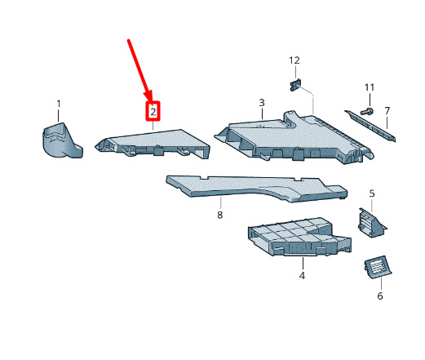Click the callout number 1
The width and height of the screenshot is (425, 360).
pyautogui.click(x=59, y=104)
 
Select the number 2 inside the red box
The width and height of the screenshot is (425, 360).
pyautogui.click(x=153, y=112)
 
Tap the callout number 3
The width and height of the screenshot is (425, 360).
pyautogui.click(x=262, y=103)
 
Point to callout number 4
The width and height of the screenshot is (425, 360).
pyautogui.click(x=302, y=276)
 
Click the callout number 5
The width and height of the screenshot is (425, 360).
pyautogui.click(x=372, y=193)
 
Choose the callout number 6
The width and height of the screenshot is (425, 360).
pyautogui.click(x=380, y=296)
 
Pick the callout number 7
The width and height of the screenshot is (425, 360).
pyautogui.click(x=387, y=111)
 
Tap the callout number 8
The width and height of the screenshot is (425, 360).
pyautogui.click(x=220, y=215)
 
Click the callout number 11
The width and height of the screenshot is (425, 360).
pyautogui.click(x=370, y=87)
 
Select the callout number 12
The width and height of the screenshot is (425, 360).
pyautogui.click(x=294, y=60)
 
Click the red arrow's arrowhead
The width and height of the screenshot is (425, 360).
pyautogui.click(x=149, y=96)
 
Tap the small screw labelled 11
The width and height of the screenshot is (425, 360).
pyautogui.click(x=366, y=111)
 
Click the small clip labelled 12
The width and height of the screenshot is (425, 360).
pyautogui.click(x=295, y=85)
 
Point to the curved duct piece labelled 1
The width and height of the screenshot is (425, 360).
pyautogui.click(x=62, y=140)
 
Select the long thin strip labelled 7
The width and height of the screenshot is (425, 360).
pyautogui.click(x=370, y=125)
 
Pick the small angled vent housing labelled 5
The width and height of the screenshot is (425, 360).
pyautogui.click(x=371, y=223)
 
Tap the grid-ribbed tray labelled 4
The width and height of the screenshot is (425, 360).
pyautogui.click(x=299, y=237)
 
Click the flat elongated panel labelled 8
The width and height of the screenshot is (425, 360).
pyautogui.click(x=256, y=189)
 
